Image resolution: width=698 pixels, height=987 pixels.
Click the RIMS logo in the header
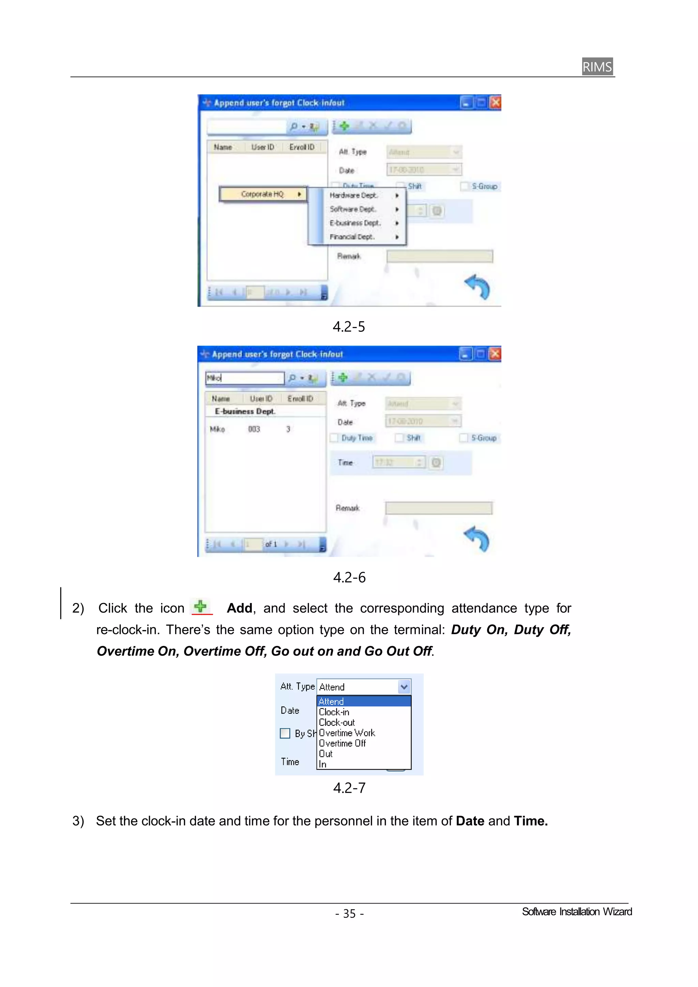pos(597,67)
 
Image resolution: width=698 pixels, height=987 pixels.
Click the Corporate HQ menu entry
pos(262,194)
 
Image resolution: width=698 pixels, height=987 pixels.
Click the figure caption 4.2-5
pos(348,327)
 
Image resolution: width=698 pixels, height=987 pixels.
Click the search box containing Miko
pos(244,378)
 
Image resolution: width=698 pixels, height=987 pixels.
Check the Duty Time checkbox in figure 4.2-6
pos(334,438)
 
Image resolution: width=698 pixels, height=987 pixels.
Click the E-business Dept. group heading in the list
pos(245,412)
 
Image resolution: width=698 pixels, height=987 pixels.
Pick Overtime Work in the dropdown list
pos(347,733)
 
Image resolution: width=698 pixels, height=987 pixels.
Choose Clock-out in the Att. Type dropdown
pos(336,723)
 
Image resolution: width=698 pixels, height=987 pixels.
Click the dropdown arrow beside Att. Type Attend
pos(404,687)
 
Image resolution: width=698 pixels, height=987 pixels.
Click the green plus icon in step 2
pos(200,606)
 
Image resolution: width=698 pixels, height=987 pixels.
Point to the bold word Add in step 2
pos(239,608)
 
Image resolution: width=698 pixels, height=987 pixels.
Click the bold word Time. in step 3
pos(531,821)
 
